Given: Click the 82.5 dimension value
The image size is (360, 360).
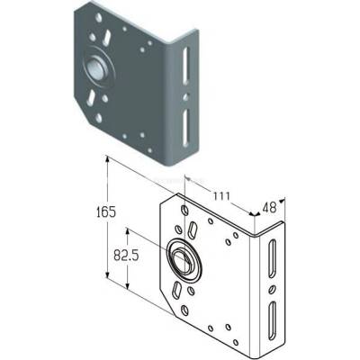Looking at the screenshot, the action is (x=126, y=256).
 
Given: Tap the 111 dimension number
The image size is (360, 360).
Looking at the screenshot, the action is (x=221, y=196).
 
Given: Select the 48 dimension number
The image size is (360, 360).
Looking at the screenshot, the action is (x=269, y=208).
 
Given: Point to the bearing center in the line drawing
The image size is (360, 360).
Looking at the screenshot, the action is (x=183, y=257).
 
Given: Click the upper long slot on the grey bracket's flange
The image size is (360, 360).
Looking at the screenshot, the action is (x=185, y=66).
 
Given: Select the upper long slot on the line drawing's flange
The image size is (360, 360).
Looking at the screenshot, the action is (x=272, y=258).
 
